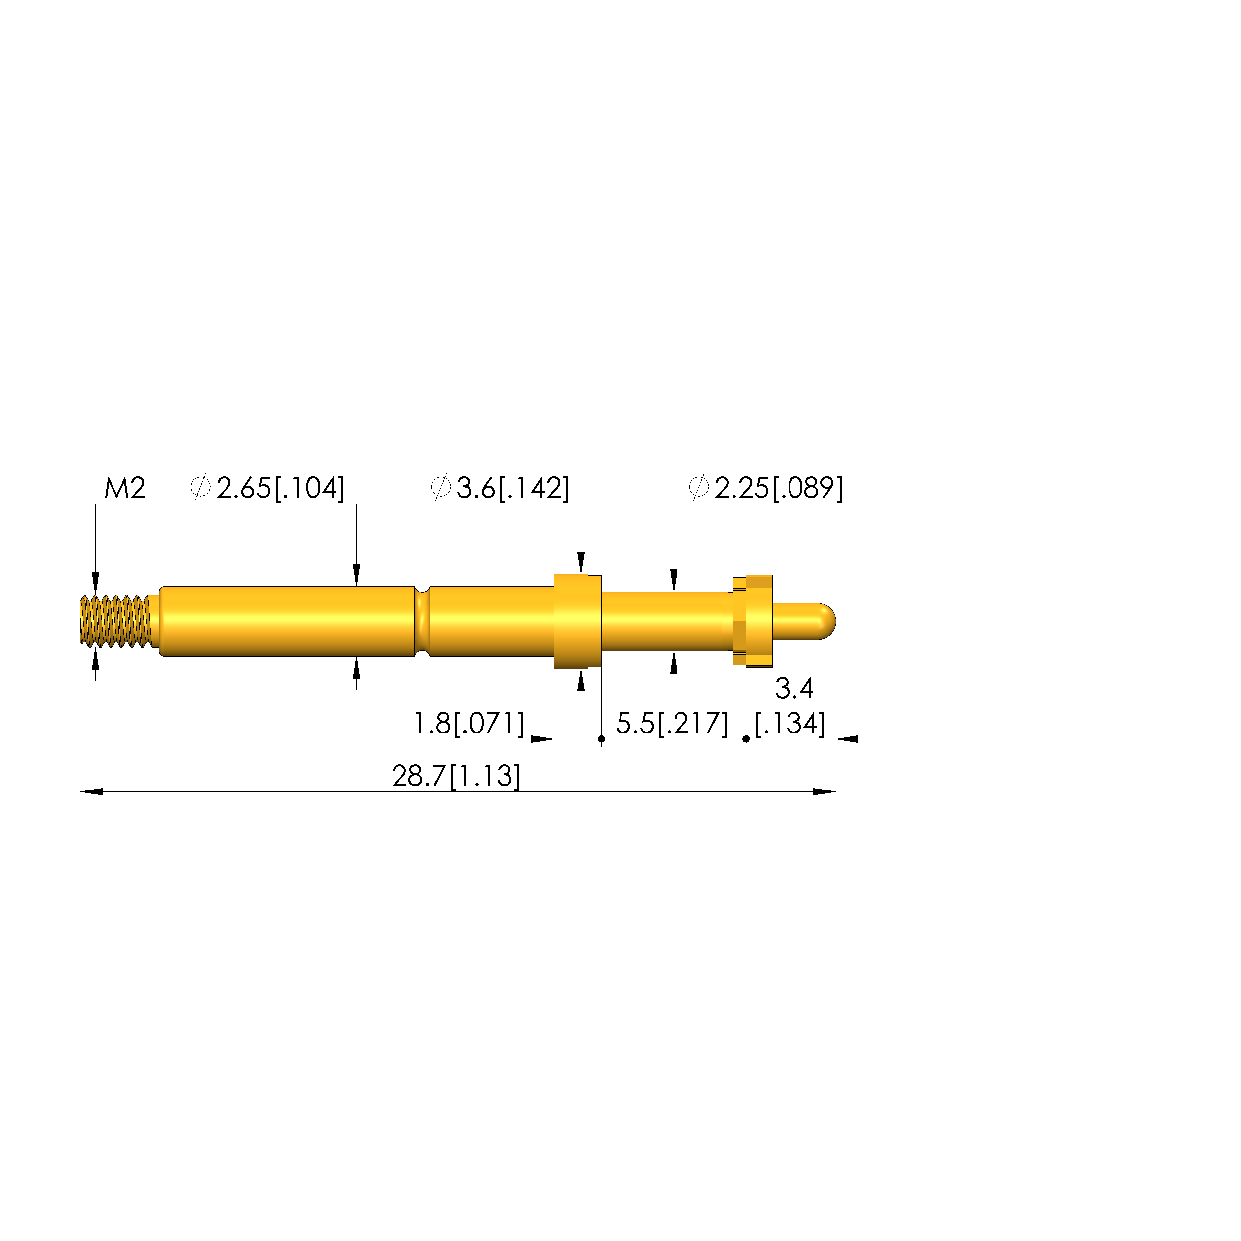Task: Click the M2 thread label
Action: [125, 488]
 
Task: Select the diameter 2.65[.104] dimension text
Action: [268, 488]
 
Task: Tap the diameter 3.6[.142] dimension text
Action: [500, 488]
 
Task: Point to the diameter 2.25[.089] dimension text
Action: [765, 488]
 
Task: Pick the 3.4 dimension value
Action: [794, 689]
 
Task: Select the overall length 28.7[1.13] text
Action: [456, 776]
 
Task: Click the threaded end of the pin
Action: [115, 621]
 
